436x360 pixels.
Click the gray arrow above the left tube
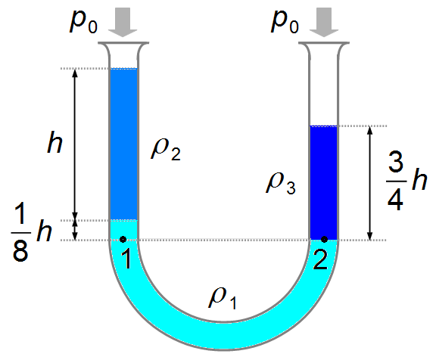click(123, 22)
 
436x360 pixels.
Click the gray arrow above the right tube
click(324, 22)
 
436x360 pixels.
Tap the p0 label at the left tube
click(83, 22)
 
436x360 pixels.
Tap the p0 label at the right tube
click(285, 22)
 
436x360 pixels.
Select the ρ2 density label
click(166, 150)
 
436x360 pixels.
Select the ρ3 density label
click(281, 183)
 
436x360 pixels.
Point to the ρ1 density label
click(223, 299)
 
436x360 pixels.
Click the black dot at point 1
click(123, 239)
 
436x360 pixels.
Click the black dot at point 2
click(324, 239)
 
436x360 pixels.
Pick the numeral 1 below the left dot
click(127, 259)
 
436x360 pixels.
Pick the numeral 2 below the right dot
click(320, 259)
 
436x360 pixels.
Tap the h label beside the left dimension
click(54, 142)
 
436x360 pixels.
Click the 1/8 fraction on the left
click(20, 233)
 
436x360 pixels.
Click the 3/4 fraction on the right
click(395, 182)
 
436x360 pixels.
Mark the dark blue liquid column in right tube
click(324, 183)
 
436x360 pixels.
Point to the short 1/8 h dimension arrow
click(74, 230)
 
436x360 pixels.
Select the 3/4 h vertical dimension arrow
click(369, 183)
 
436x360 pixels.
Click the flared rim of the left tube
click(123, 43)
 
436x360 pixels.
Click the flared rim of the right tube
click(324, 43)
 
